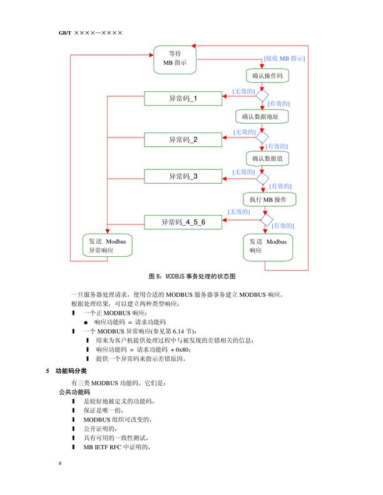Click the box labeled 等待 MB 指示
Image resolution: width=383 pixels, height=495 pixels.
coord(175,58)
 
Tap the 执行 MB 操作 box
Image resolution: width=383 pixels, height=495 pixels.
coord(268,199)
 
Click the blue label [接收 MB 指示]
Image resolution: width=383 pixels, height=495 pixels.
coord(284,58)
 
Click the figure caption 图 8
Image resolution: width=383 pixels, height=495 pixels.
coord(191,276)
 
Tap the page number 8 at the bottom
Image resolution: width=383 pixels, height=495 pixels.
coord(60,463)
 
